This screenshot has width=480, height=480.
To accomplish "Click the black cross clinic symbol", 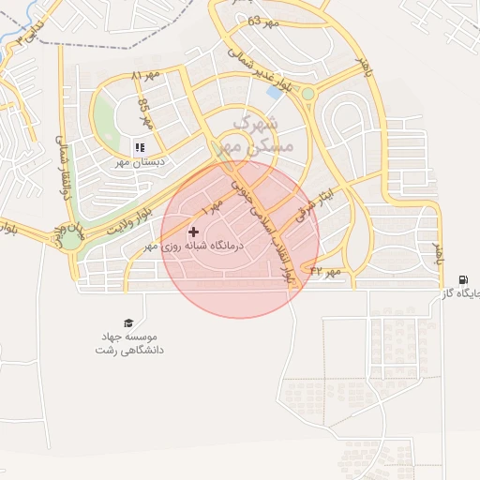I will point(194,232).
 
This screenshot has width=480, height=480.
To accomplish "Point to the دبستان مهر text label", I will point(140,161).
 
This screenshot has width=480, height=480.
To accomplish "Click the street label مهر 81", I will point(146,74).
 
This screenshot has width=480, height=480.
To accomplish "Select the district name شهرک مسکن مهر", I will point(254,135).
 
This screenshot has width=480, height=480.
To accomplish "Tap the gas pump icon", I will point(464,280).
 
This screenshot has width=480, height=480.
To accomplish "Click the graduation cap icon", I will point(128,322).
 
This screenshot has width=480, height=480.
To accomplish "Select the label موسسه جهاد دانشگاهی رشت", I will point(129,342).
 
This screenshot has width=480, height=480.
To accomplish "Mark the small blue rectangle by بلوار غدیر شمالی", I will point(275,92).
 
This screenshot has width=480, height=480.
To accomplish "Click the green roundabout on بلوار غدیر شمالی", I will point(307,94).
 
